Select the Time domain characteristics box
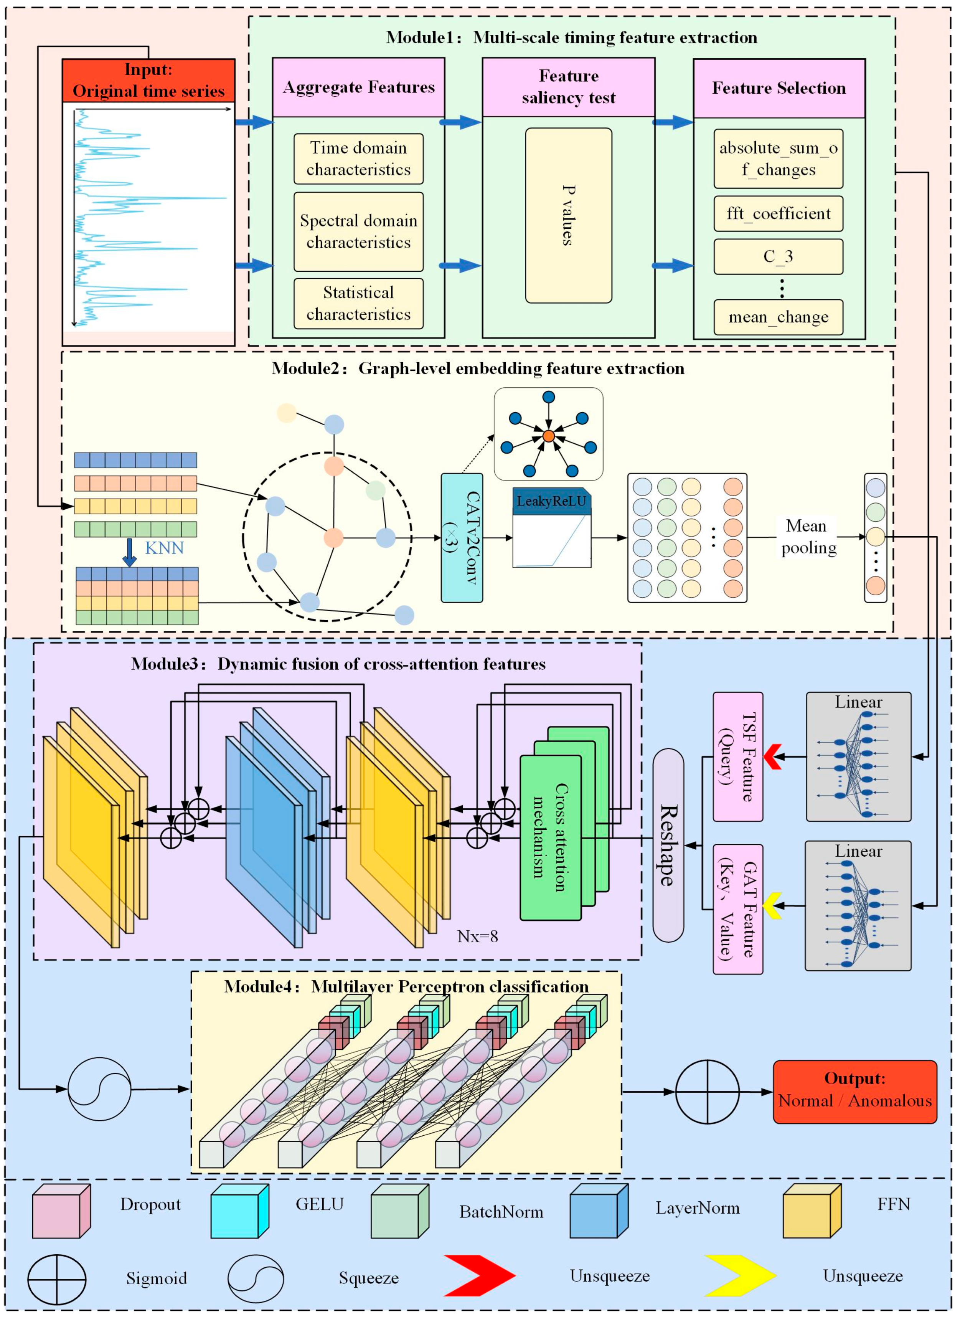[358, 159]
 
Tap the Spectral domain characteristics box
[358, 231]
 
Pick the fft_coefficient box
[778, 214]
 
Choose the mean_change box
[778, 317]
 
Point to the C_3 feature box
[778, 256]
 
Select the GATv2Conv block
[462, 538]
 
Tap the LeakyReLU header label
[551, 501]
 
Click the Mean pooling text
[808, 537]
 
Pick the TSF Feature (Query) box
[737, 756]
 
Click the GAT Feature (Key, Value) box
[737, 909]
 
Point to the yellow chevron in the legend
[740, 1275]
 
